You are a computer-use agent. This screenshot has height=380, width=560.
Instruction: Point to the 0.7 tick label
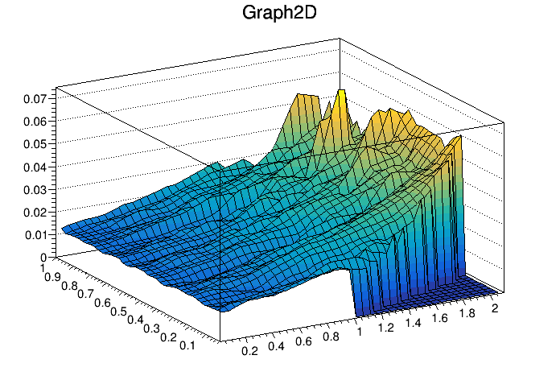click(x=86, y=292)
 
